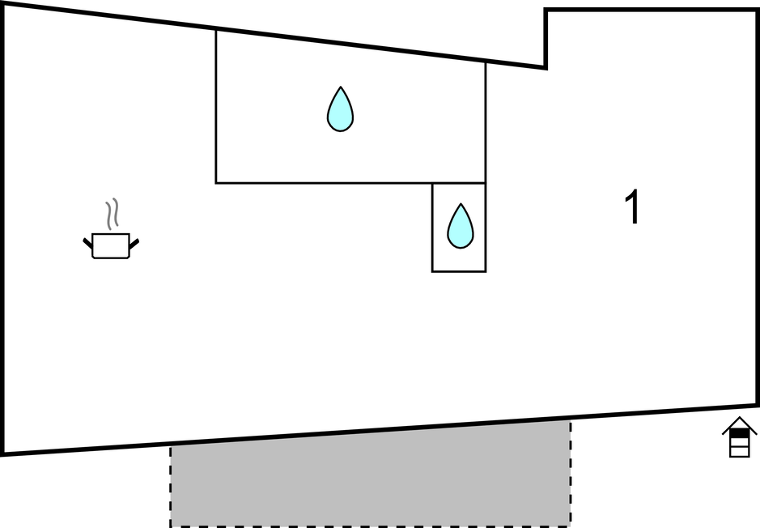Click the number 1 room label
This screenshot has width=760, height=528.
[632, 208]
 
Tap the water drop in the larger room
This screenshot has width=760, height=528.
[341, 110]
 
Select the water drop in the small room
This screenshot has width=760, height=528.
[460, 227]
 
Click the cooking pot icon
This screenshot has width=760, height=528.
[111, 245]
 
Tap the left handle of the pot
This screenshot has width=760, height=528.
[88, 241]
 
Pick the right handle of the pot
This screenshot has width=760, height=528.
[134, 241]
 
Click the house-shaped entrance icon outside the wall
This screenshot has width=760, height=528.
[739, 437]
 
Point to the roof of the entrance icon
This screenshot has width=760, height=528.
[739, 424]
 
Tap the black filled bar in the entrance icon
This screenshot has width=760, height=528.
[739, 434]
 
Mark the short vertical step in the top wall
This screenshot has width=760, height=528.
[546, 39]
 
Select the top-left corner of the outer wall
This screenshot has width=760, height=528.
[2, 3]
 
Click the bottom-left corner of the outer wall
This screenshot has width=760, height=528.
[2, 453]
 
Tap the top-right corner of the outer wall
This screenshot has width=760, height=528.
[756, 11]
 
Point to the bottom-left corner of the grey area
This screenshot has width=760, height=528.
[171, 525]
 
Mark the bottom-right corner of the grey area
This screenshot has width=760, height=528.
[570, 525]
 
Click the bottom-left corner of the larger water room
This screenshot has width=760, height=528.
[216, 182]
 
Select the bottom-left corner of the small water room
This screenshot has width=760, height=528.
[432, 271]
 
